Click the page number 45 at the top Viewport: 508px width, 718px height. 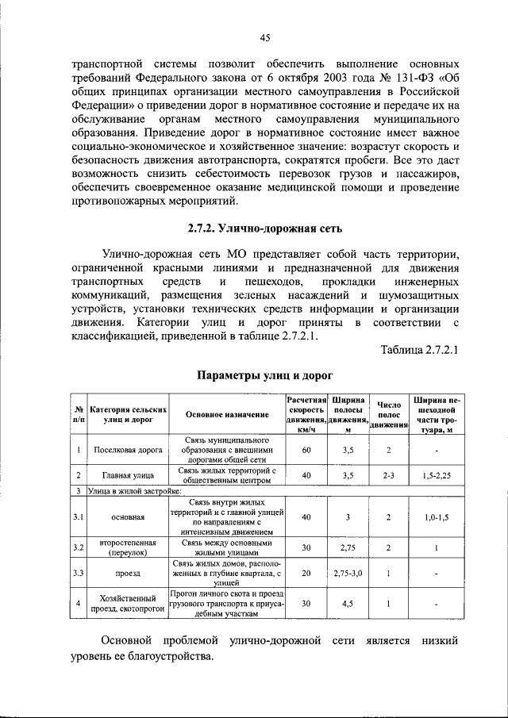[265, 36]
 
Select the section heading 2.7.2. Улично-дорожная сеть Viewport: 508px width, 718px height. [265, 230]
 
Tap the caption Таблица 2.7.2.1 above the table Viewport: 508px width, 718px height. [419, 350]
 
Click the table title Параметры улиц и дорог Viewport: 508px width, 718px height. [265, 374]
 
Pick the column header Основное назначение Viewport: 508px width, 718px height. [227, 415]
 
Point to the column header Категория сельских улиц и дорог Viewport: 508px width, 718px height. [127, 415]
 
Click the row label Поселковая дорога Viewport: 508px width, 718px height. [127, 450]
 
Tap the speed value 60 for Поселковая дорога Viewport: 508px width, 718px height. [307, 450]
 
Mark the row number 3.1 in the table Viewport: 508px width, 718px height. [79, 517]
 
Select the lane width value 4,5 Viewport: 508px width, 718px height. [348, 603]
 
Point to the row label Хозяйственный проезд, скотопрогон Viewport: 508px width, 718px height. [127, 603]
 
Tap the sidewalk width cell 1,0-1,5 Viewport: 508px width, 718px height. [437, 517]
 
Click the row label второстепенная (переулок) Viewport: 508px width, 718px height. [127, 547]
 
